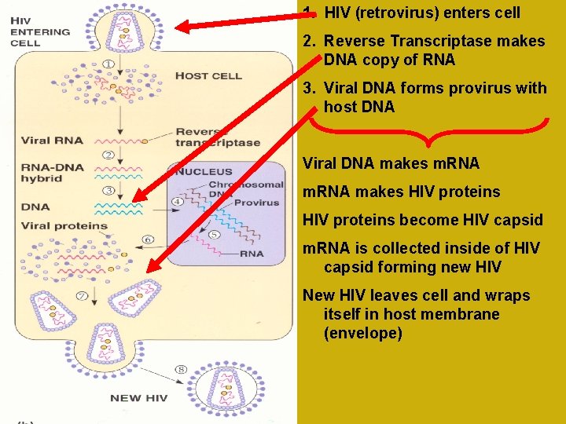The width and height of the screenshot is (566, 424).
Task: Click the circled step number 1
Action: [107, 64]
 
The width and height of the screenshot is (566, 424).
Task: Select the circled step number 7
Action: [83, 295]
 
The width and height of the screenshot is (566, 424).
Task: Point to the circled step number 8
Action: [182, 369]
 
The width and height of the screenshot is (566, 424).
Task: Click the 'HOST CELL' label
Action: [208, 76]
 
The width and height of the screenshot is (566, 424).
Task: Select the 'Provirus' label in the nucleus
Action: [256, 203]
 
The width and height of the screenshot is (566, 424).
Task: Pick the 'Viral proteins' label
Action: [64, 226]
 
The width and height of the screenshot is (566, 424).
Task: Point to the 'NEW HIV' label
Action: [138, 398]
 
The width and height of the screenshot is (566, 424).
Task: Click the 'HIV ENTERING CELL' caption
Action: [40, 32]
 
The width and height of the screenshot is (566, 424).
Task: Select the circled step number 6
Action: [148, 239]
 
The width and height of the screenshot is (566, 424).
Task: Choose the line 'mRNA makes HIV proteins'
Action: [401, 192]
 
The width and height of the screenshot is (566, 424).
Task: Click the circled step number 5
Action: [213, 234]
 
